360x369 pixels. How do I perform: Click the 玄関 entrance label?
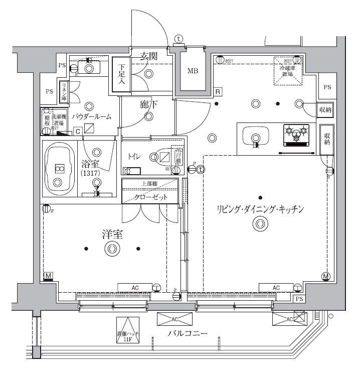149,56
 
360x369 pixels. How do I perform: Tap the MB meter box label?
193,71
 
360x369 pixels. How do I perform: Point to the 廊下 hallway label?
148,105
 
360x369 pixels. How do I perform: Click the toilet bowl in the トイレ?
163,157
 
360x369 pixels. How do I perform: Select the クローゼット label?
150,197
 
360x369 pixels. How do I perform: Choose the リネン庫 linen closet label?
64,91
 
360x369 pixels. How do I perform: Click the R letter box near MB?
218,92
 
